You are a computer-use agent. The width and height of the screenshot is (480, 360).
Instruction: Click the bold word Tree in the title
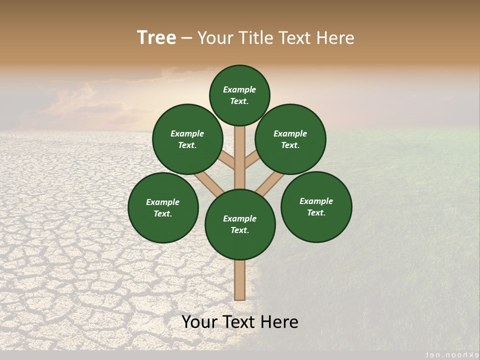(x=156, y=38)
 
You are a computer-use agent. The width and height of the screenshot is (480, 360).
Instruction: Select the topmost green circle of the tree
(x=239, y=95)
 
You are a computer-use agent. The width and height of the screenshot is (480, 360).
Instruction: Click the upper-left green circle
(x=187, y=139)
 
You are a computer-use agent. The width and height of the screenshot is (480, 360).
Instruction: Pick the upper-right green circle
(x=290, y=139)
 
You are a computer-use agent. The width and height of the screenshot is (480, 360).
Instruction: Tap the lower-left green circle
(x=163, y=207)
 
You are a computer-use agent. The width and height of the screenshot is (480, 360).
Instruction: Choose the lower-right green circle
(x=316, y=206)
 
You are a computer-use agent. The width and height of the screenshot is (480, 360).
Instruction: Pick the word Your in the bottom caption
(x=199, y=322)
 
